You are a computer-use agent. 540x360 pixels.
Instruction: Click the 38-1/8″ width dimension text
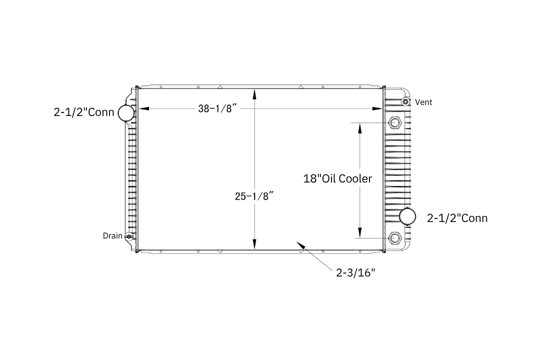pos(217,109)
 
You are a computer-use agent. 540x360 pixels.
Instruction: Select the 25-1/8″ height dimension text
pos(254,196)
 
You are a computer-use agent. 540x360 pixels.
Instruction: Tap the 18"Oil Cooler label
pos(337,179)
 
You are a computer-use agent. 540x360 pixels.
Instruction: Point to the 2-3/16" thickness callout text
pos(355,273)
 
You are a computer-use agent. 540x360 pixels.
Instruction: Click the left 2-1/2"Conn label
pos(83,112)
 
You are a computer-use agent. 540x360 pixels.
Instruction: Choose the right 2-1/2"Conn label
pos(457,218)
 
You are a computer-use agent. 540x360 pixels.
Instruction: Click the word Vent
pos(423,102)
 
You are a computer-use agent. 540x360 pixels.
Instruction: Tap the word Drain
pos(112,236)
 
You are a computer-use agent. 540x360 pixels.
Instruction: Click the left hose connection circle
pos(126,113)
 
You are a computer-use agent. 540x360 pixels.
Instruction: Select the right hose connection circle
pos(408,216)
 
